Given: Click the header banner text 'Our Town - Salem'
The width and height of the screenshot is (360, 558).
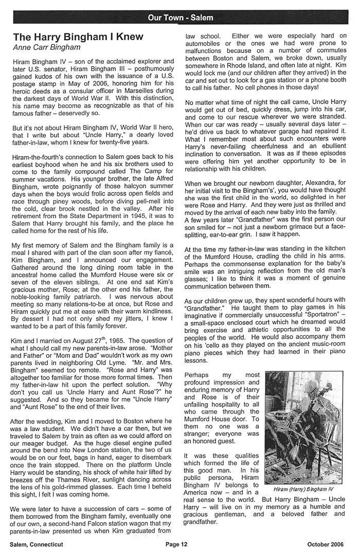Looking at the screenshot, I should [x=180, y=17].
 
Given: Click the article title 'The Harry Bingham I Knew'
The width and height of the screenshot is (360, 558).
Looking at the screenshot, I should [x=78, y=37].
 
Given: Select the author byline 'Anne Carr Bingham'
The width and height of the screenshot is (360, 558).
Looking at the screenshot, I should [x=46, y=47].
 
